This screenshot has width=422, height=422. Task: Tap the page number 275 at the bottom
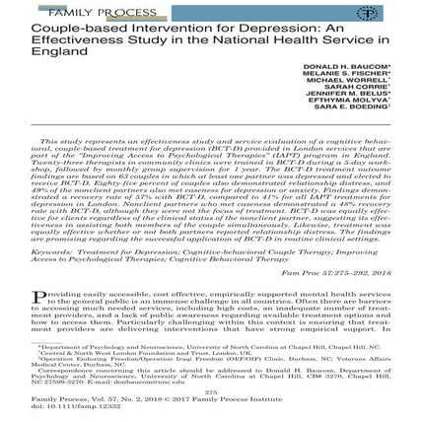(210, 389)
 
